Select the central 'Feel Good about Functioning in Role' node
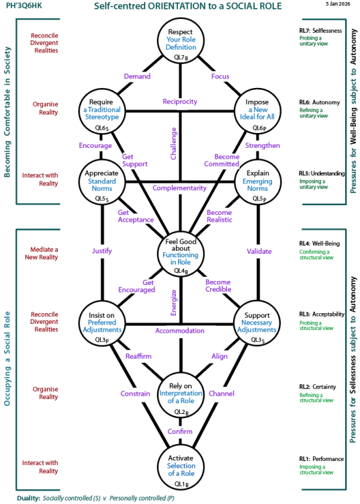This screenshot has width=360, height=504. [179, 255]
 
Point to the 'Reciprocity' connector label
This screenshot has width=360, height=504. [179, 101]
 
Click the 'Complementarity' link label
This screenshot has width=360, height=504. [179, 188]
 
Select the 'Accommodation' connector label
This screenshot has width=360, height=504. [179, 331]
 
